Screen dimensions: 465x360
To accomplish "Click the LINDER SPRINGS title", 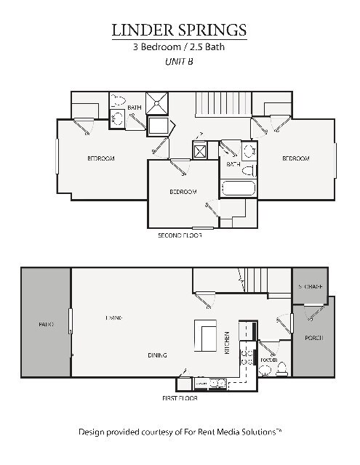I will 179,30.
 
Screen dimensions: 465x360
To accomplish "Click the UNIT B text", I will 179,62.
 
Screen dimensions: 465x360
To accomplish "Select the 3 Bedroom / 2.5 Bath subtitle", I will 179,47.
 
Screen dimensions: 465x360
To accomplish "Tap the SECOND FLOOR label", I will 180,235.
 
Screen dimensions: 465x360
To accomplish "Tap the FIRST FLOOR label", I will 180,398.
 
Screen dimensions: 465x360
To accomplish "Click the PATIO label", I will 47,324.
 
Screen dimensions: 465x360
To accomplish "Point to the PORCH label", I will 313,338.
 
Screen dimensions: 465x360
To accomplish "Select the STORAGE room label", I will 311,287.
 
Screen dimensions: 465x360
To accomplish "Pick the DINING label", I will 157,355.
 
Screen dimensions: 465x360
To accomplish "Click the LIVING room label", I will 113,318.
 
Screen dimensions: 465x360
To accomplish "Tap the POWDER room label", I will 268,359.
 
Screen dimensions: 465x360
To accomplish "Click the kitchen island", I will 205,335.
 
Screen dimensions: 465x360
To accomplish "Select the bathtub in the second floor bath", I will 238,190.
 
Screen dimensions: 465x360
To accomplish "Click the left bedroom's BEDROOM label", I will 101,158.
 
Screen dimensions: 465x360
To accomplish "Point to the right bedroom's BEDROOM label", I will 296,158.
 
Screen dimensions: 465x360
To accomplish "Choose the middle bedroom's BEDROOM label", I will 183,192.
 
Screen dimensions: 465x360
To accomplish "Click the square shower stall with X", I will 156,103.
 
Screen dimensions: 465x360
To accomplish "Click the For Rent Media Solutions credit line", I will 180,432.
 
